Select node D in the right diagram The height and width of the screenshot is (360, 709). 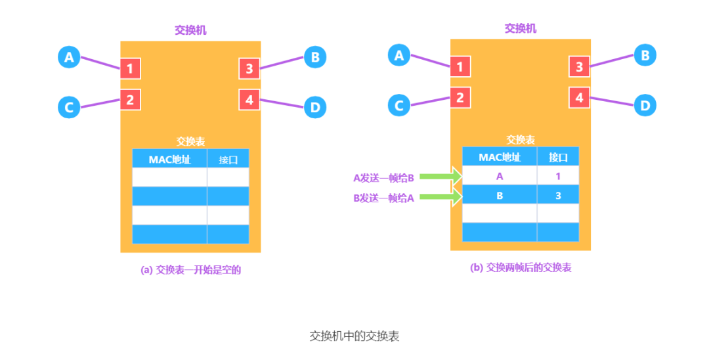tap(645, 105)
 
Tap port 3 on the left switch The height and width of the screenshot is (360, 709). tap(249, 68)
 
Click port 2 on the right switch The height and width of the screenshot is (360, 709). tap(460, 98)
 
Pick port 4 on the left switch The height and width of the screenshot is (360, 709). tap(249, 100)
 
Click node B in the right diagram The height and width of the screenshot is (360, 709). tap(645, 56)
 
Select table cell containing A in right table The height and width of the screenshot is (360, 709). tap(500, 176)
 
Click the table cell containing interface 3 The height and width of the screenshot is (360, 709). tap(558, 195)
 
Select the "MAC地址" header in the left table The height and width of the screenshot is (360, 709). tap(169, 159)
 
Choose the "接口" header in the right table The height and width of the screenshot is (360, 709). tap(558, 157)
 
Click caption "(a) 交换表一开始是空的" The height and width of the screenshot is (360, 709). tap(191, 269)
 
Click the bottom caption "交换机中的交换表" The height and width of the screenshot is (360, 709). tap(354, 336)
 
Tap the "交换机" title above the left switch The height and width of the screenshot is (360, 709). tap(190, 30)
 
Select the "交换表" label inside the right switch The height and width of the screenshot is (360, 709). tap(521, 140)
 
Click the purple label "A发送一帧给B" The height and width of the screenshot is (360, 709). tap(383, 177)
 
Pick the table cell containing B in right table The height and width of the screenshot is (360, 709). tap(500, 195)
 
